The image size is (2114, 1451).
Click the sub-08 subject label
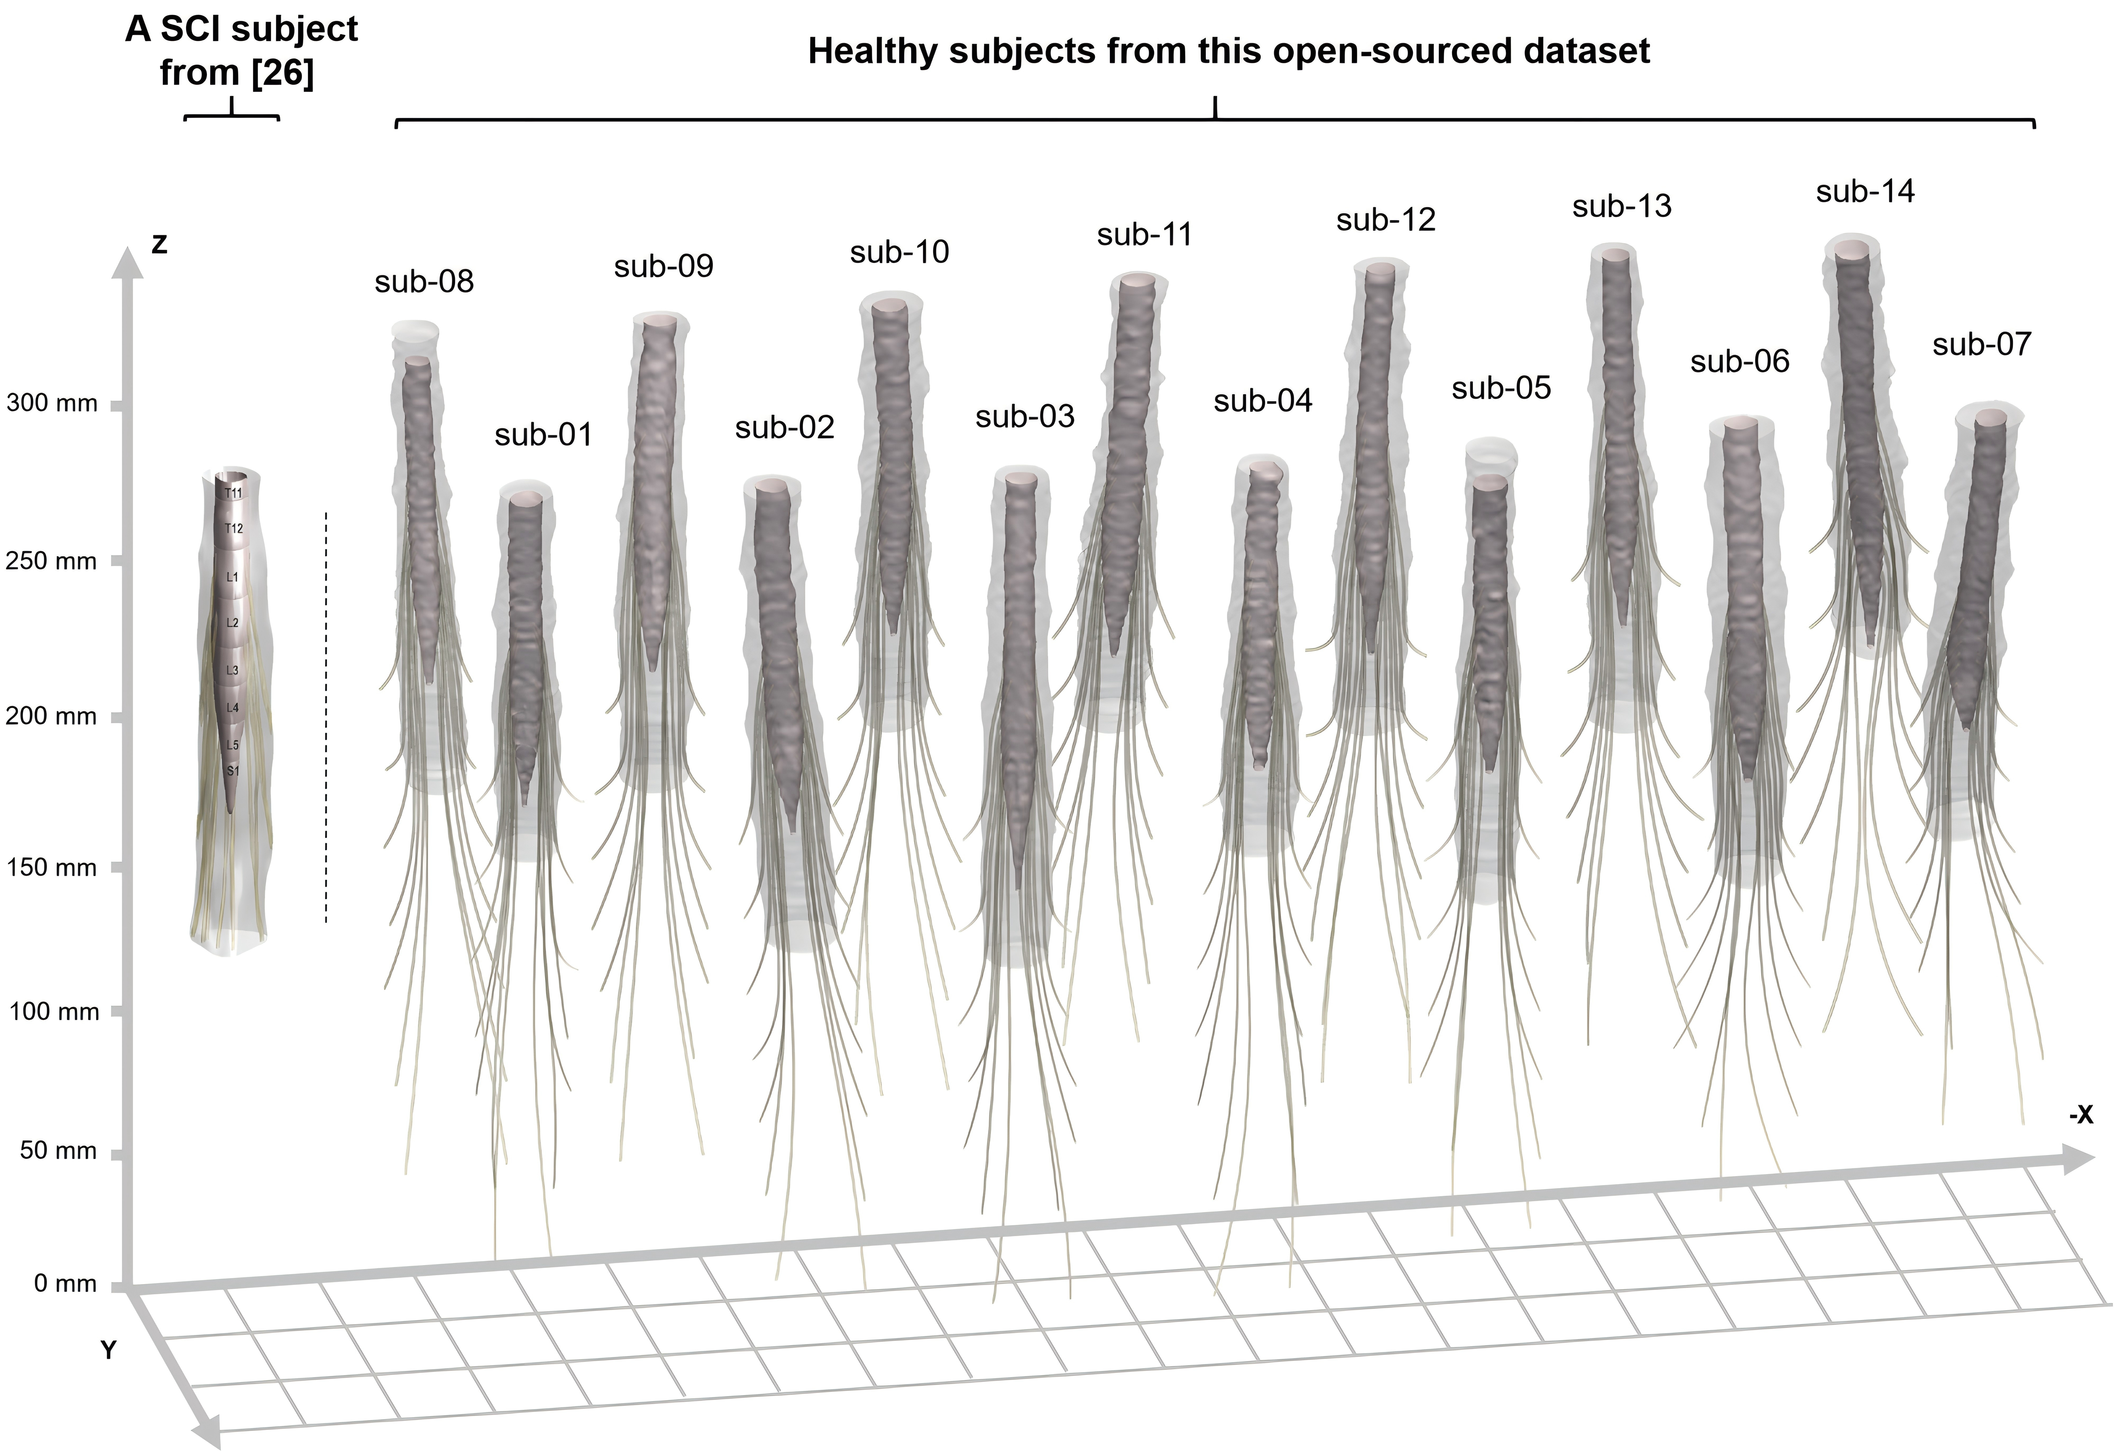(424, 282)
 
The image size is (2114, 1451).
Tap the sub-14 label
(1865, 192)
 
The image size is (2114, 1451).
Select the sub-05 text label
(1501, 388)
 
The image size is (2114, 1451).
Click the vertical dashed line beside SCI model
(326, 719)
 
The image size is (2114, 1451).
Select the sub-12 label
(1385, 220)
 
